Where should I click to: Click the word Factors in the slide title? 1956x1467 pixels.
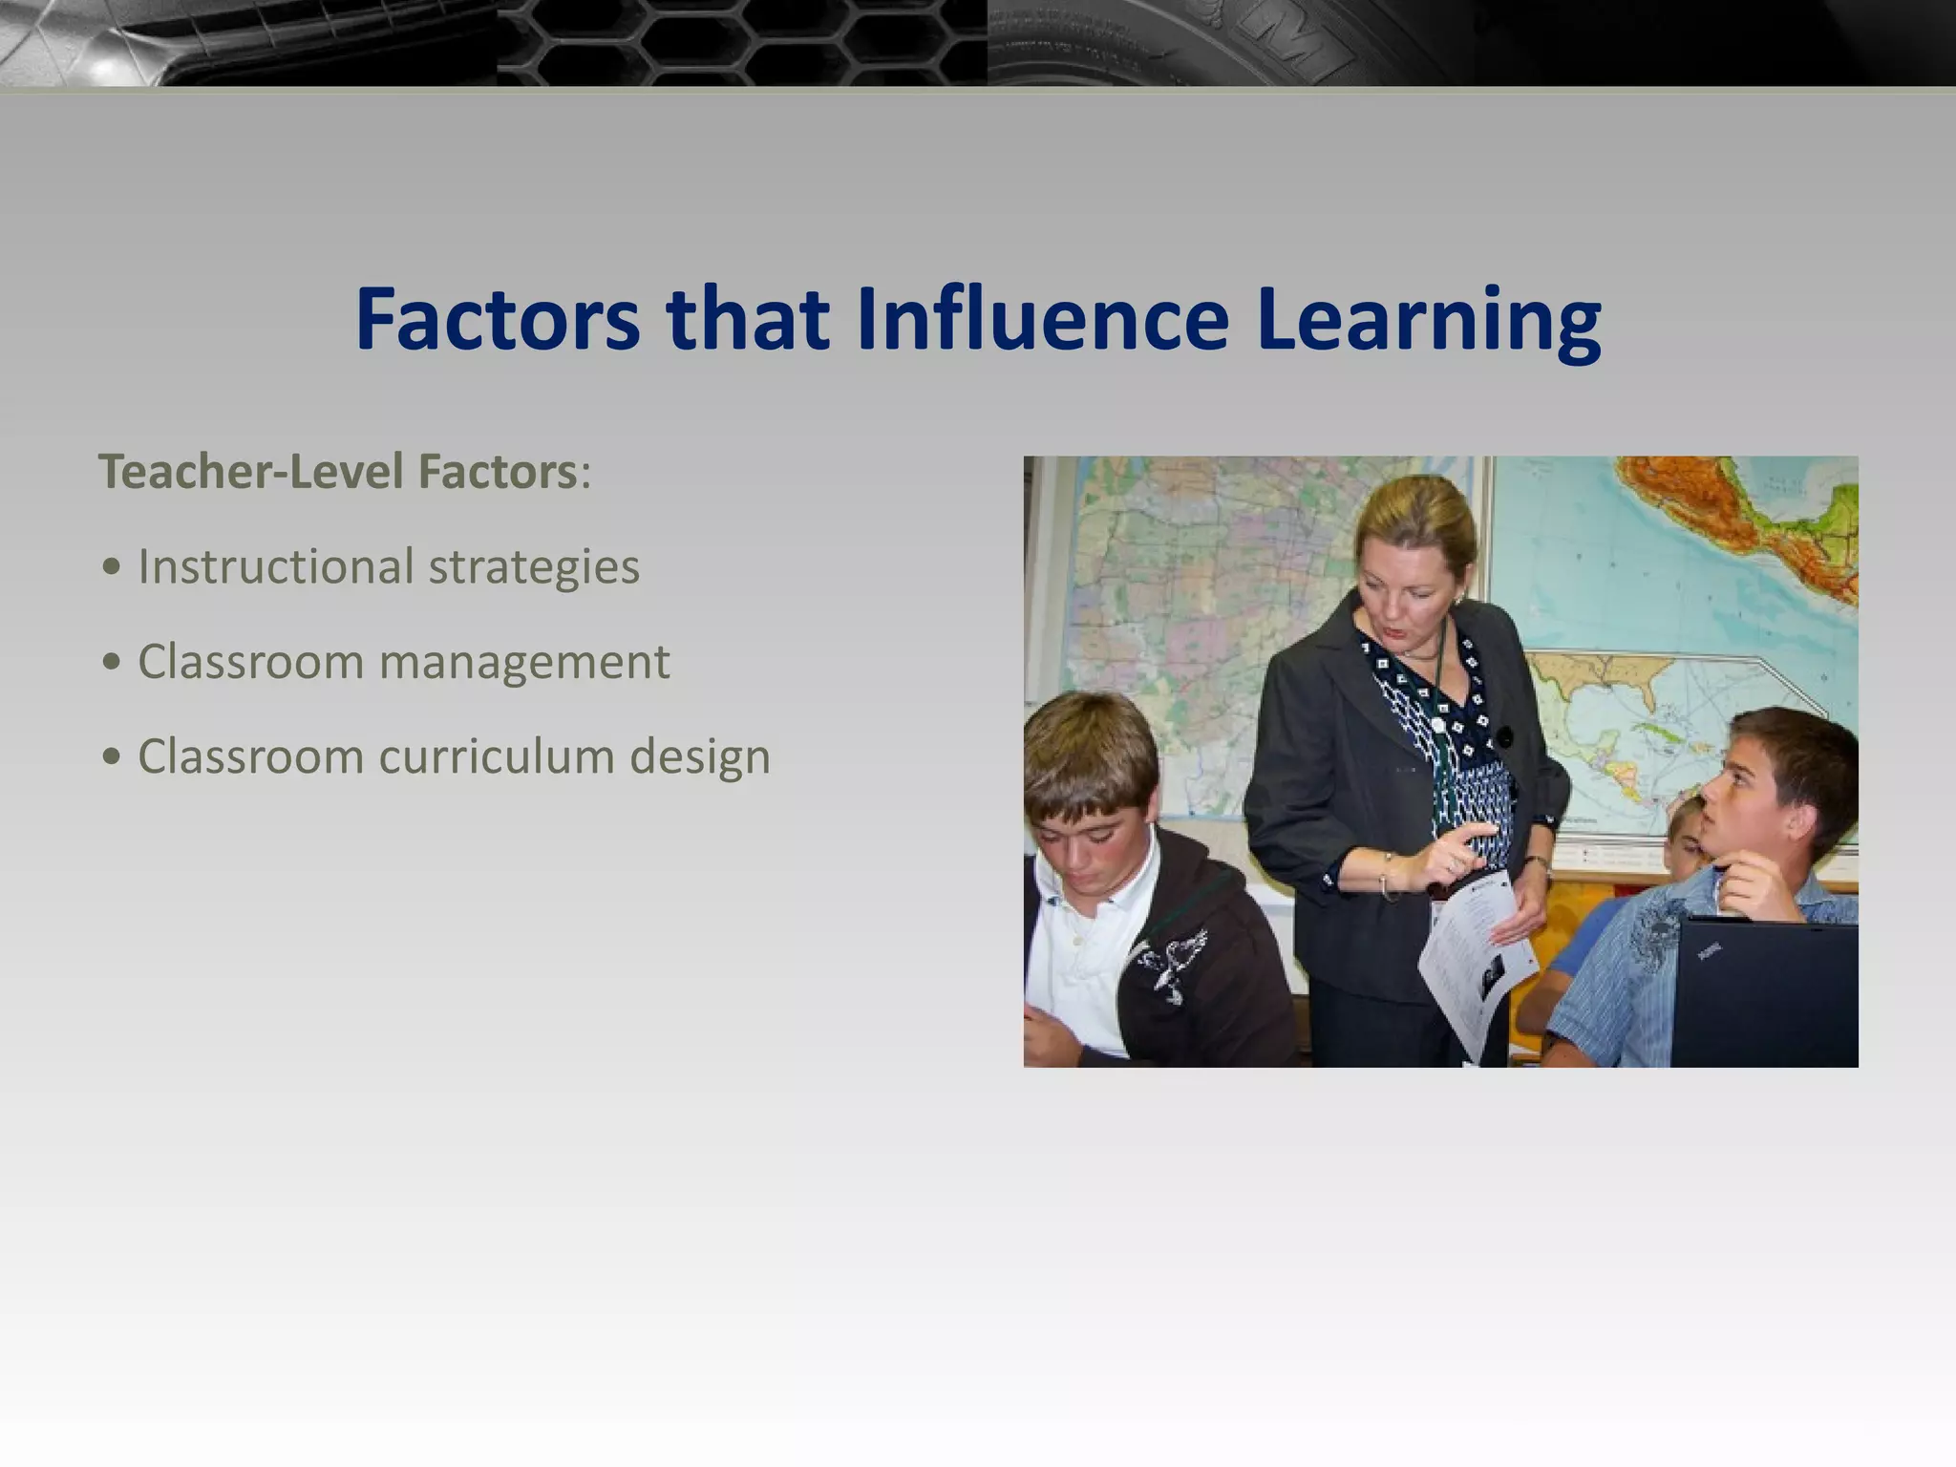point(498,319)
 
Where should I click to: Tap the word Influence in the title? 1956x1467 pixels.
point(1042,319)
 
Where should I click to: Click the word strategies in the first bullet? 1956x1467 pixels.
point(534,568)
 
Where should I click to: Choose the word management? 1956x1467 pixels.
point(524,662)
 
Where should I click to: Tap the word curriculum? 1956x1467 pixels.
point(497,756)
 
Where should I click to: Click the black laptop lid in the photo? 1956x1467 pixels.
point(1763,993)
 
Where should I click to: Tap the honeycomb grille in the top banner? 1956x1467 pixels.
point(740,43)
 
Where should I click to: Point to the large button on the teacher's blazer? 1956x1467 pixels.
point(1504,737)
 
